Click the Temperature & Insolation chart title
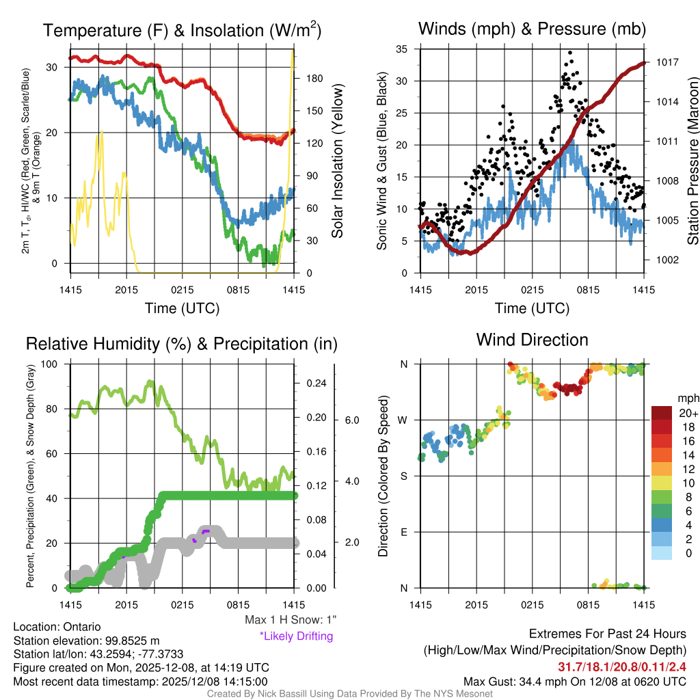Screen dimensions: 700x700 [182, 30]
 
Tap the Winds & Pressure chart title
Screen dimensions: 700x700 [532, 29]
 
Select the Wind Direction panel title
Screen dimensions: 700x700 [532, 339]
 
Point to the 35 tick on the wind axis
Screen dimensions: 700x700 [402, 49]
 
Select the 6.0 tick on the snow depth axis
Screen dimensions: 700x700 [351, 420]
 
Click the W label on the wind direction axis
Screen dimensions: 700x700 [404, 420]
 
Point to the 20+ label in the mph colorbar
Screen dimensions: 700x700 [686, 413]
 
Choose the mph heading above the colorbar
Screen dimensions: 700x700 [687, 398]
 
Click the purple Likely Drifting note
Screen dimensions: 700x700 [296, 636]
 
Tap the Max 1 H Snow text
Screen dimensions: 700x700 [291, 620]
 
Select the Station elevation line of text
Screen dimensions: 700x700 [86, 641]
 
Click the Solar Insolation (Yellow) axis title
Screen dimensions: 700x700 [337, 161]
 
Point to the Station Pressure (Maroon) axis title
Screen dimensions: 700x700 [692, 161]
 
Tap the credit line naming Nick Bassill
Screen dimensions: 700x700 [349, 694]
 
